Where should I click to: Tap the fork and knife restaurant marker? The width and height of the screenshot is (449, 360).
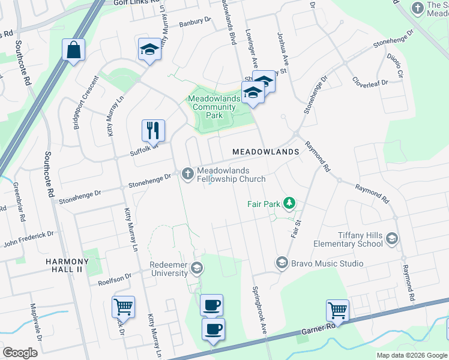point(153,130)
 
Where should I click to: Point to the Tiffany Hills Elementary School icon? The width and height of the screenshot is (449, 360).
point(392,239)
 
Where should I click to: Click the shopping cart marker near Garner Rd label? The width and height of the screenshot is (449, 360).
point(337,310)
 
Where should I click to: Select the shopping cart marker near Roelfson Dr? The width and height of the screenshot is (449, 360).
point(123,307)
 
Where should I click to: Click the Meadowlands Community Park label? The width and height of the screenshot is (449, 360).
point(214,107)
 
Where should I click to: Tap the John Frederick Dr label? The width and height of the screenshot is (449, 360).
point(28,239)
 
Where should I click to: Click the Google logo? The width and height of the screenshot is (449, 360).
point(20,353)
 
